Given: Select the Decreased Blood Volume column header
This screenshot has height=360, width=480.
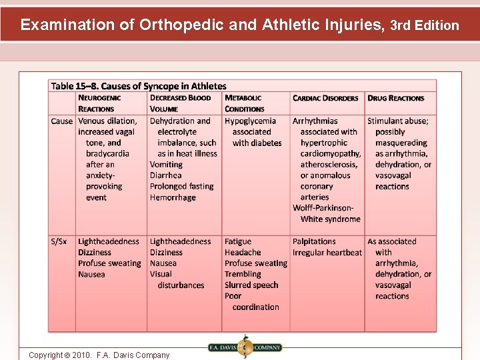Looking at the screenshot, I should [180, 103].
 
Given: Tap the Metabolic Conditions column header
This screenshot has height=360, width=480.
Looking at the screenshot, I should [244, 103].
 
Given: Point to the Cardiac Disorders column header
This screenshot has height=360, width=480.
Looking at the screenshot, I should [325, 98].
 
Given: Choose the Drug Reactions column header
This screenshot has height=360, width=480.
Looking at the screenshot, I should [395, 98].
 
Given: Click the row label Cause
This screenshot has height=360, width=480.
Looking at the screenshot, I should [62, 121].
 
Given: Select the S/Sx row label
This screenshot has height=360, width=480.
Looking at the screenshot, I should [59, 242].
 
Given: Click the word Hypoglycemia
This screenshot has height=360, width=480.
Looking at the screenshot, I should [250, 121].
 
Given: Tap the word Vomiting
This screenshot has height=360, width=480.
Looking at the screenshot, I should [166, 165].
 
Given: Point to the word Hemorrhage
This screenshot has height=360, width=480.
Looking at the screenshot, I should [172, 197].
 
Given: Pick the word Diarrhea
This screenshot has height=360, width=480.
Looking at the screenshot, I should [167, 176].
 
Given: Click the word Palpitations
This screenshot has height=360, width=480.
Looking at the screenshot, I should [314, 242].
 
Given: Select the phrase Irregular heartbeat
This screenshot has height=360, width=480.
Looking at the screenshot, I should [327, 253].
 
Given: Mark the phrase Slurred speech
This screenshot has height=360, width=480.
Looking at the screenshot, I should [251, 285].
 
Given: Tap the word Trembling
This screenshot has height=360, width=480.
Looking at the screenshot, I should [243, 274].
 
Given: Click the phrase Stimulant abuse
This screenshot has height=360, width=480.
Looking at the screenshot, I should [398, 121].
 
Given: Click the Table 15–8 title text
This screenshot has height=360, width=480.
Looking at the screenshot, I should [139, 86].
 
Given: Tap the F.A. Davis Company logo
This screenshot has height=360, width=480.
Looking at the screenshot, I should [245, 347].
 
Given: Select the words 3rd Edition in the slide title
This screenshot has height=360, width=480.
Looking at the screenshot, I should [424, 26].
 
